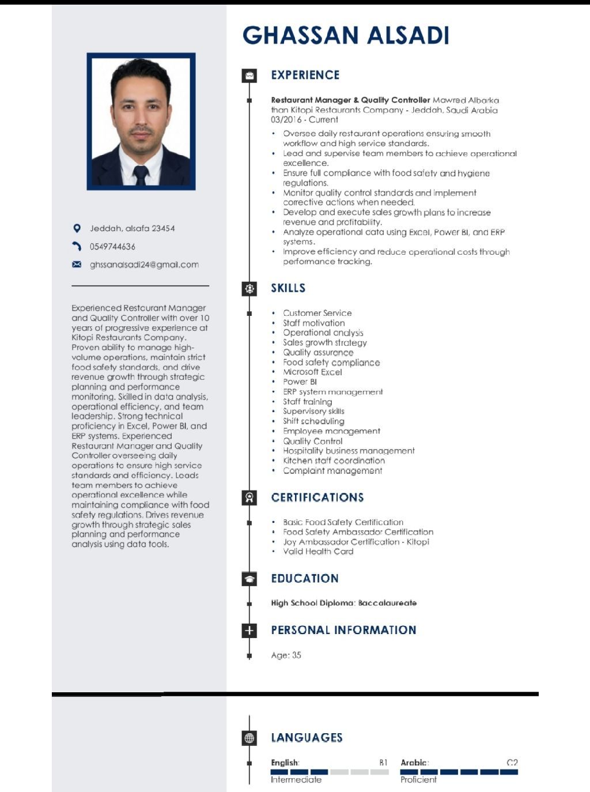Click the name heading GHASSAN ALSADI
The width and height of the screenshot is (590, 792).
346,35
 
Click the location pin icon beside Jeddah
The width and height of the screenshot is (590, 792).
77,228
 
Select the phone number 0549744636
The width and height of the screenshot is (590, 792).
112,247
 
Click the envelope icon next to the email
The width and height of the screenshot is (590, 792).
77,265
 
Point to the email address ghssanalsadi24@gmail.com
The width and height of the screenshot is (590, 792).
144,265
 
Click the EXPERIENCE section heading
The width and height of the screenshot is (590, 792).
305,75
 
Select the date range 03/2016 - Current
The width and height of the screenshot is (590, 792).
304,120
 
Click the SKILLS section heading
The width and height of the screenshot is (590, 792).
288,288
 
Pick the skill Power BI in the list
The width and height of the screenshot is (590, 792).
300,382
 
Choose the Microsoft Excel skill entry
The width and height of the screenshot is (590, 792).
312,372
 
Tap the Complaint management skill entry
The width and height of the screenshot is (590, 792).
332,470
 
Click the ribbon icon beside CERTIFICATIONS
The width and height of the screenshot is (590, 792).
249,497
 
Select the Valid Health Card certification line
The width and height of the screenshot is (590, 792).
318,552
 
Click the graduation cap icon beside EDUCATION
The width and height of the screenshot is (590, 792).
249,579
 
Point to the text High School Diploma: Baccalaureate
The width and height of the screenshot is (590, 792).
343,603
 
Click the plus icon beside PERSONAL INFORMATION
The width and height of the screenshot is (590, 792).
249,630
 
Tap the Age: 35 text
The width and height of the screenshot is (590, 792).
286,655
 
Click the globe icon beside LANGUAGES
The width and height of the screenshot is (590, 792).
249,738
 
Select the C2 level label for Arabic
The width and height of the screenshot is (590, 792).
512,763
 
